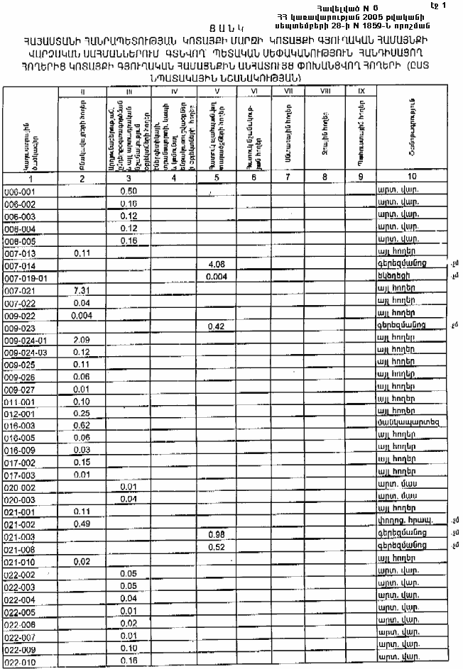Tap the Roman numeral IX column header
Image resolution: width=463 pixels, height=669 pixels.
[361, 92]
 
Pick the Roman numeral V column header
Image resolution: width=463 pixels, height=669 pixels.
[216, 92]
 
